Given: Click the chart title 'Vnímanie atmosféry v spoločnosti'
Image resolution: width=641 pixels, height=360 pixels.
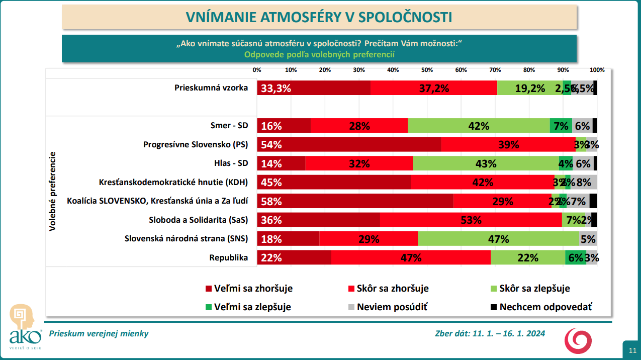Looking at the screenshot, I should coord(319,17).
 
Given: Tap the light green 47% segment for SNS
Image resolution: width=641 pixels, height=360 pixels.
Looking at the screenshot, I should coord(498,239).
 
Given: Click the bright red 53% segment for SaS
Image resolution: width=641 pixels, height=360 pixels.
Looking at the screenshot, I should coord(471,220).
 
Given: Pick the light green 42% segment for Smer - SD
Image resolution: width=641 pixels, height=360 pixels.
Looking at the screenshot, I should coord(479,126).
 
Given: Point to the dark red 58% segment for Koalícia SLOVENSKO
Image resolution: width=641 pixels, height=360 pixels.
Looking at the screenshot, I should coord(355,201).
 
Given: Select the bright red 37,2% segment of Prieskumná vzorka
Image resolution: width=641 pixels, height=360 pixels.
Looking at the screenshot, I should coord(433,88).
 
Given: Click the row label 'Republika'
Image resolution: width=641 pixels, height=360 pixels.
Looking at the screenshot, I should coord(229,257).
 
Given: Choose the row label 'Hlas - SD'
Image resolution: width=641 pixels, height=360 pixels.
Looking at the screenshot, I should coord(231,163).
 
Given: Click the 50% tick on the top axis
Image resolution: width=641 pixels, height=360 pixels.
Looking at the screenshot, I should coord(427,70).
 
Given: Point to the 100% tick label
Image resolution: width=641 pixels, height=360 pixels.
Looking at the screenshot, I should coord(597,70).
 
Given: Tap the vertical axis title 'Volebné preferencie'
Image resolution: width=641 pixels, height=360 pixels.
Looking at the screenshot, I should coord(52,192).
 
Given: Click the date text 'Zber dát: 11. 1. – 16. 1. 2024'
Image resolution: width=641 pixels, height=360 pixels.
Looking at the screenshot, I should coord(490,333).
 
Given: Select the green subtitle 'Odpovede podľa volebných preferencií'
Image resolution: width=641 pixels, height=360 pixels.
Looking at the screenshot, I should coord(319,55).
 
